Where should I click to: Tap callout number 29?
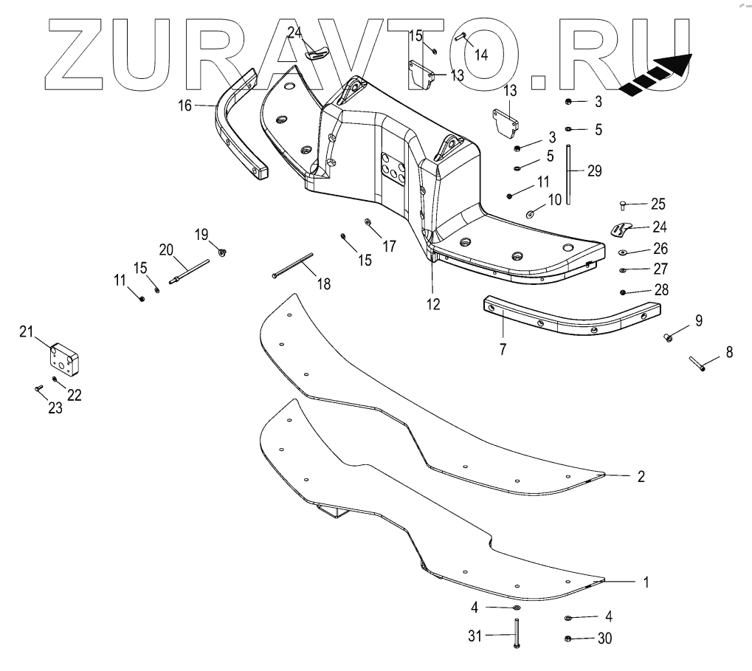pyautogui.click(x=595, y=171)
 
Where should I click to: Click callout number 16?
pyautogui.click(x=184, y=106)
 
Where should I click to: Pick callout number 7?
pyautogui.click(x=503, y=348)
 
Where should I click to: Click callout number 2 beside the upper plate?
pyautogui.click(x=641, y=476)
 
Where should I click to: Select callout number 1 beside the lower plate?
pyautogui.click(x=646, y=582)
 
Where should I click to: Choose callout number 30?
pyautogui.click(x=604, y=639)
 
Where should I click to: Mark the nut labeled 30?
pyautogui.click(x=568, y=638)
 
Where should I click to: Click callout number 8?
pyautogui.click(x=729, y=352)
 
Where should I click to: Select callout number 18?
pyautogui.click(x=323, y=283)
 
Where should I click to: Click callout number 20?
pyautogui.click(x=166, y=250)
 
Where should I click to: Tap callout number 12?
pyautogui.click(x=433, y=303)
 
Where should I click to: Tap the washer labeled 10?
pyautogui.click(x=531, y=214)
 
